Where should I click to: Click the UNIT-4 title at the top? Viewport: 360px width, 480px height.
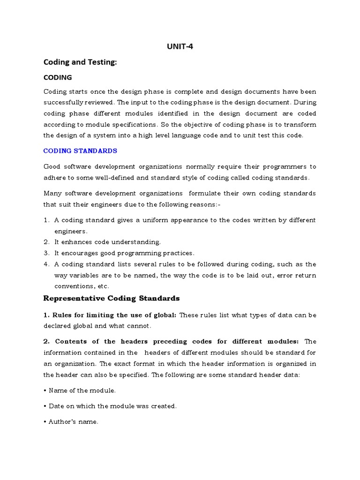(x=180, y=47)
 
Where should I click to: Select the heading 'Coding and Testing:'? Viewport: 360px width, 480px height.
(x=79, y=62)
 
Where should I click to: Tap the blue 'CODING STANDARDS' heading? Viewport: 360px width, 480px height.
(x=80, y=151)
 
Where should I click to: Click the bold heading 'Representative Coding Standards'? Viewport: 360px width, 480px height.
(x=111, y=298)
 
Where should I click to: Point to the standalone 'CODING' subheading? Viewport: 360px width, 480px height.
(x=58, y=77)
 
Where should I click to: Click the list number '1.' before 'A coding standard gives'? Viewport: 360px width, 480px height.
(x=46, y=220)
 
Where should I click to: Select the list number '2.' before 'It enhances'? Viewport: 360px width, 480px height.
(x=46, y=242)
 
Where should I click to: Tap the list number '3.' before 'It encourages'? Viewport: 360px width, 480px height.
(x=46, y=253)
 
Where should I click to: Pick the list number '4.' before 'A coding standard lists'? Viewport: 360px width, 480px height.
(x=46, y=264)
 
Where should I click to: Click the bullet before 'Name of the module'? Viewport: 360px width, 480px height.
(x=45, y=390)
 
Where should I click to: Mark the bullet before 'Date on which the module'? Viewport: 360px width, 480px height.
(x=45, y=406)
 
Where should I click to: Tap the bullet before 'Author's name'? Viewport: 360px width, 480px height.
(x=45, y=422)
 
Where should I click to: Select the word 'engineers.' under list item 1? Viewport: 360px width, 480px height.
(x=71, y=231)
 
